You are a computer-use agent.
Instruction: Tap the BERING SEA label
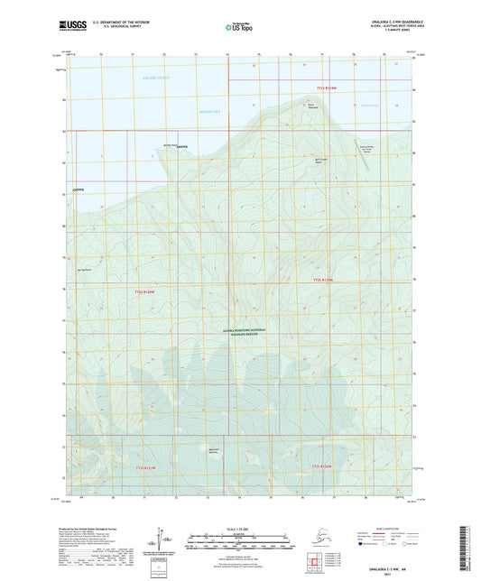pyautogui.click(x=209, y=111)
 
